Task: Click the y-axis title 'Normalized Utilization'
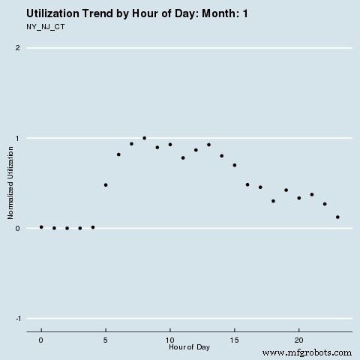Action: tap(11, 184)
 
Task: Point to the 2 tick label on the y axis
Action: tap(17, 48)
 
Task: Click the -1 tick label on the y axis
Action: tap(16, 318)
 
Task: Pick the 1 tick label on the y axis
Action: tap(17, 138)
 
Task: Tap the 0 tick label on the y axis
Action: tap(17, 228)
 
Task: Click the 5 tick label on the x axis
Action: tap(106, 339)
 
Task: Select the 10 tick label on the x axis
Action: tap(170, 339)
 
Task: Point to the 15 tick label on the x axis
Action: tap(235, 339)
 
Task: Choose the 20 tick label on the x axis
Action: tap(299, 339)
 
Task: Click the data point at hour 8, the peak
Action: tap(144, 138)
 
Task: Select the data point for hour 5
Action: tap(106, 184)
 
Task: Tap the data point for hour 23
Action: tap(337, 217)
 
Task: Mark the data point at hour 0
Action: tap(41, 226)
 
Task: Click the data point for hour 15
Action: tap(235, 165)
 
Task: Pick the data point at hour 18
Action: tap(273, 201)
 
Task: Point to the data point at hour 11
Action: tap(183, 157)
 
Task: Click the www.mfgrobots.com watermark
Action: tap(308, 352)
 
